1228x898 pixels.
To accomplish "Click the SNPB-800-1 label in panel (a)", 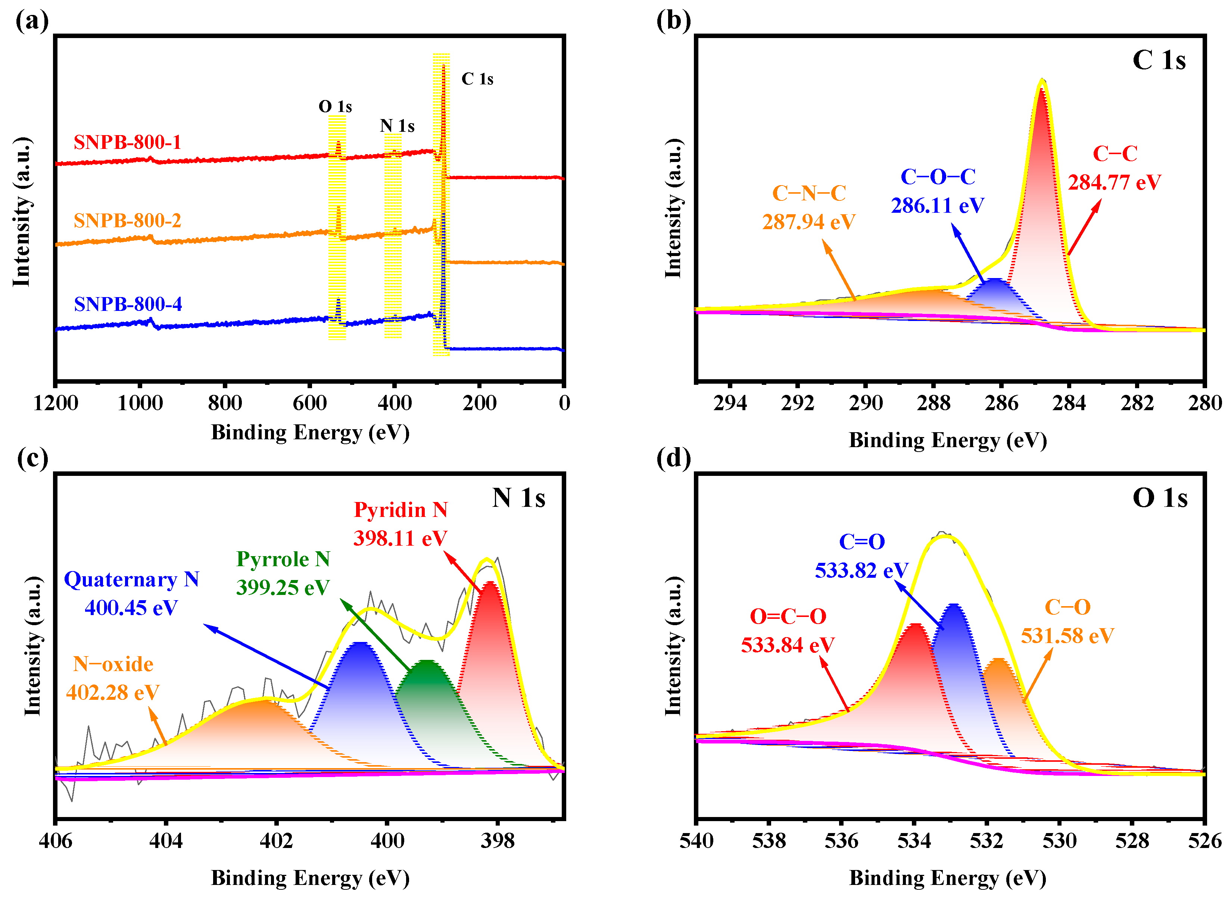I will click(127, 143).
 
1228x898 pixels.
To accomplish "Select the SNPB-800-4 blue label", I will click(128, 304).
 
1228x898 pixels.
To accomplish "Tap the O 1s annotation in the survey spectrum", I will click(335, 106).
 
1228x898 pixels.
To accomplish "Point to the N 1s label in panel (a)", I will click(397, 126).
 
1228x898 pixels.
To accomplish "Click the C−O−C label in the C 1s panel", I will click(938, 177).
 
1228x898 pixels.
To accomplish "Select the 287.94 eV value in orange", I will click(808, 222).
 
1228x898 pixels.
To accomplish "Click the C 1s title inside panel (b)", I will click(1159, 60).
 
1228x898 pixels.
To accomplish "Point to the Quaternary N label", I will click(131, 580).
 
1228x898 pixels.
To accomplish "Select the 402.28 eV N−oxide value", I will click(112, 692).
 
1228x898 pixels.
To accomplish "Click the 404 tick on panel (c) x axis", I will click(166, 841).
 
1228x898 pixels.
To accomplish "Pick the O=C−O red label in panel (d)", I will click(788, 617).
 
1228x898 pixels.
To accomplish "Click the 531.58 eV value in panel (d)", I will click(1067, 636).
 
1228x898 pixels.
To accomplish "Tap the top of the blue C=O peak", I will click(954, 605).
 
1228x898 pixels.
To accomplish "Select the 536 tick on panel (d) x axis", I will click(842, 841).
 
